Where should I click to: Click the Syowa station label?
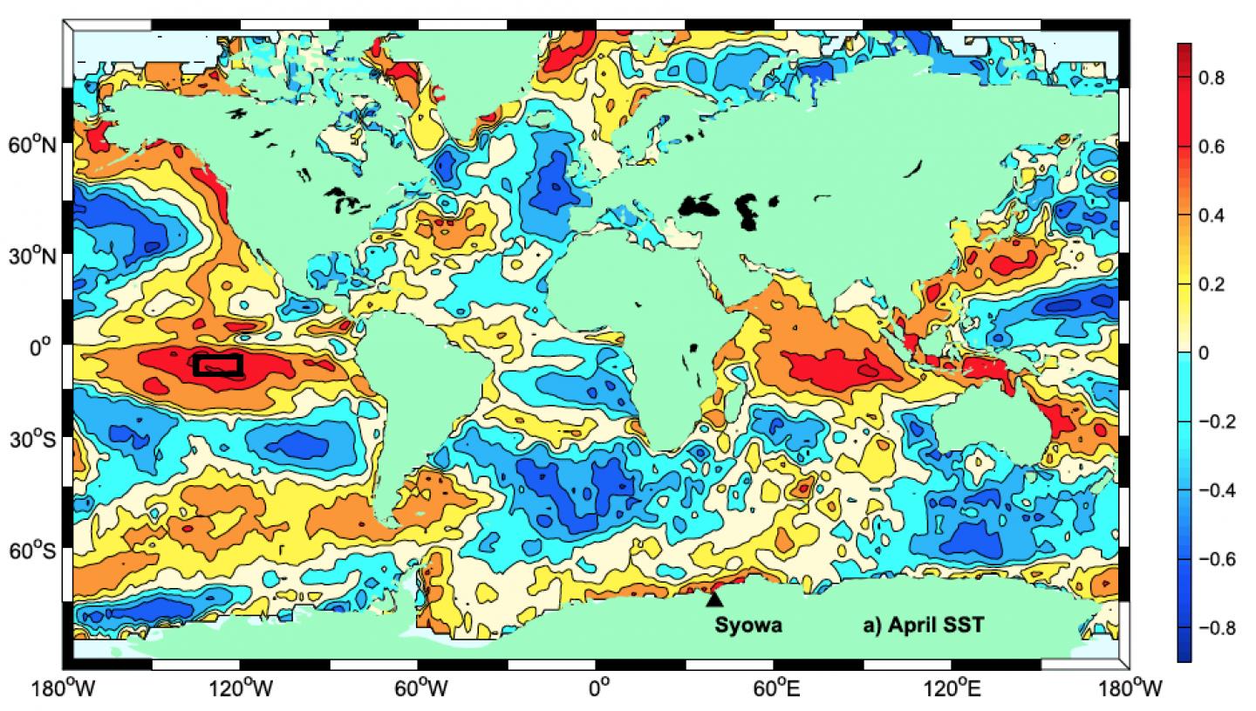pyautogui.click(x=748, y=625)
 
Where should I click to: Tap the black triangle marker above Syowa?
pyautogui.click(x=714, y=598)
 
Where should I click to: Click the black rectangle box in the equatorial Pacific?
pyautogui.click(x=217, y=366)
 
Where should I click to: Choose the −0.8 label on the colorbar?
pyautogui.click(x=1217, y=627)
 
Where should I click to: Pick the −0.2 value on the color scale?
pyautogui.click(x=1217, y=421)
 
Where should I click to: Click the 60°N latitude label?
pyautogui.click(x=33, y=145)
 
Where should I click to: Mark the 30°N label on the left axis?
pyautogui.click(x=33, y=257)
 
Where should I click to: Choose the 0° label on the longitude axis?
pyautogui.click(x=598, y=689)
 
